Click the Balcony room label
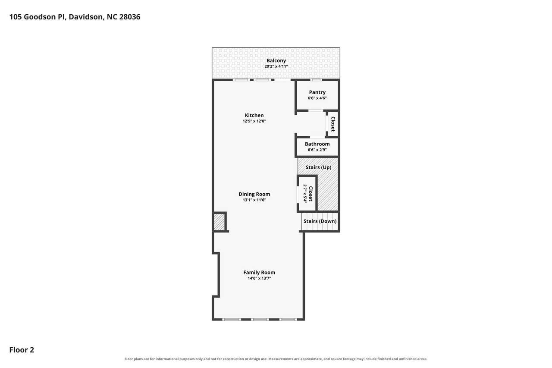(x=276, y=61)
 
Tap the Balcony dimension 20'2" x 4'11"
(x=276, y=66)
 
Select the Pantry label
(x=317, y=92)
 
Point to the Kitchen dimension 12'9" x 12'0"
(x=254, y=121)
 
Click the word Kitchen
(x=254, y=115)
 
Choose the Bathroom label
(x=317, y=144)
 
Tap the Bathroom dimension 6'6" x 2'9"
(x=317, y=150)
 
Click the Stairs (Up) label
(x=318, y=167)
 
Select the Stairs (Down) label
(x=320, y=221)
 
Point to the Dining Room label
(x=254, y=194)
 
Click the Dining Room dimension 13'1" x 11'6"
(x=254, y=200)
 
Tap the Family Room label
(x=259, y=272)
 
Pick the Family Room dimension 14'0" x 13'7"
(x=259, y=278)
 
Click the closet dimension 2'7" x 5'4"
(x=305, y=194)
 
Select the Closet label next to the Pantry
(x=333, y=124)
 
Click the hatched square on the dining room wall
(x=219, y=222)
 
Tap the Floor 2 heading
(x=22, y=350)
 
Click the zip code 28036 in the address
(x=130, y=17)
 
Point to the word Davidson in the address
(x=85, y=17)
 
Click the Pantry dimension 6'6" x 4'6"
(x=317, y=98)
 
